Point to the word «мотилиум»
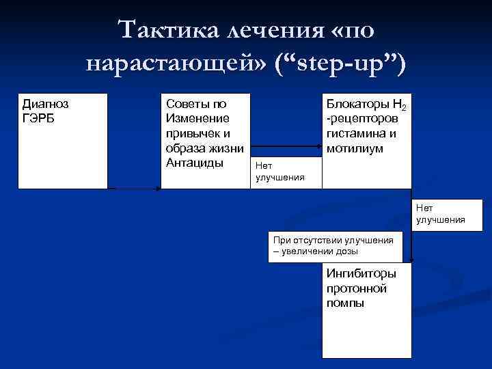tap(355, 148)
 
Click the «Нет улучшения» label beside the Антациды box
tap(280, 172)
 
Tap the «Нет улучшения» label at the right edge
tap(440, 213)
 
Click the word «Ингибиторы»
tap(361, 274)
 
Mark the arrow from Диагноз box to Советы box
tap(134, 188)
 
